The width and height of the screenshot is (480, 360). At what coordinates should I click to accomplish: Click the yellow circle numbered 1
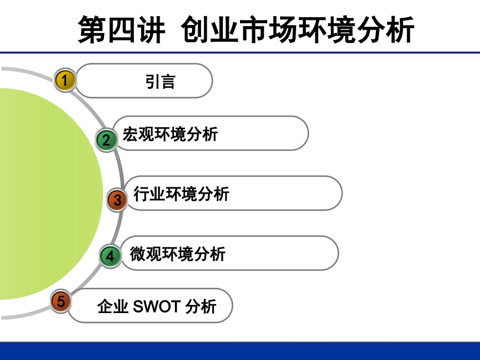click(x=65, y=80)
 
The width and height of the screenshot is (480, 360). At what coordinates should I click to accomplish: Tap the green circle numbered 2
click(x=106, y=139)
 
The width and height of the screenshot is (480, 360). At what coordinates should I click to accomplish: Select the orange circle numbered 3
click(x=117, y=200)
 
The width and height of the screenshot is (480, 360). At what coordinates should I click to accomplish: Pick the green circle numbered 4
click(x=110, y=256)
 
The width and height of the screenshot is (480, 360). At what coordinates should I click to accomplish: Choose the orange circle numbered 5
click(x=61, y=301)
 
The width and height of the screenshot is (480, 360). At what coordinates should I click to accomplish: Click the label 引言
click(x=160, y=81)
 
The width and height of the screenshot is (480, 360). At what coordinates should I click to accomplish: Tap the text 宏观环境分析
click(x=170, y=135)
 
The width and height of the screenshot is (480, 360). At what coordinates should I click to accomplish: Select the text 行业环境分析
click(x=181, y=194)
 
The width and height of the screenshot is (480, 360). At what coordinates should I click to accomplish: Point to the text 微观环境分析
click(x=177, y=253)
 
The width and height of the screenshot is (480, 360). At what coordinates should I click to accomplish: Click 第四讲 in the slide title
click(x=121, y=29)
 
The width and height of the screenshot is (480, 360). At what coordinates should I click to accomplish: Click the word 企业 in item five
click(x=113, y=306)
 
